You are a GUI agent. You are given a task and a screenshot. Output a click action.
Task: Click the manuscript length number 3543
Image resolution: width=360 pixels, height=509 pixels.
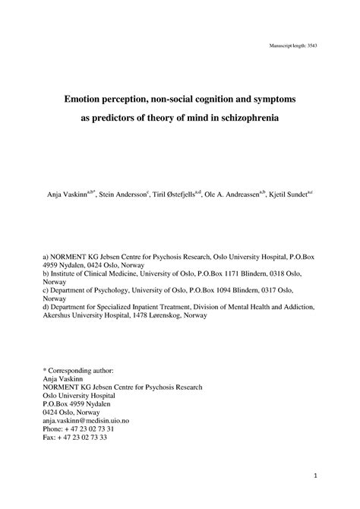[x=311, y=47]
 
